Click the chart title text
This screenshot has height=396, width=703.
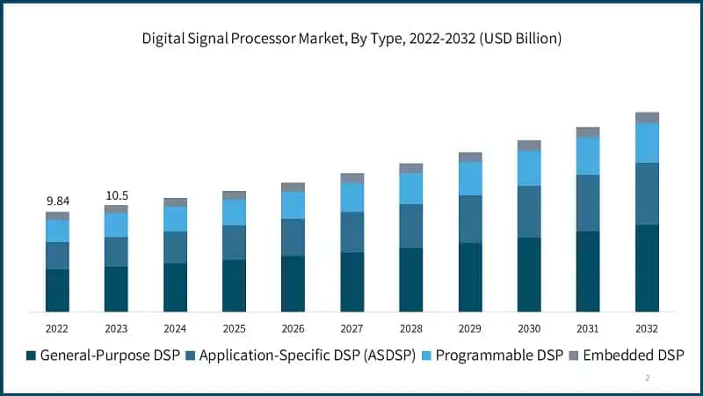[351, 39]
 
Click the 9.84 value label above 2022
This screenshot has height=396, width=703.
[57, 201]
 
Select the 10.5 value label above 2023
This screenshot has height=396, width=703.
[116, 195]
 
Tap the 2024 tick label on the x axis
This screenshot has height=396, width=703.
[175, 328]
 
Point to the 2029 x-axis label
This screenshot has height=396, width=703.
[470, 328]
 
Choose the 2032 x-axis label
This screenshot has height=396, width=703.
[647, 328]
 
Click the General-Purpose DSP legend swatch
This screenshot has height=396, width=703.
[32, 356]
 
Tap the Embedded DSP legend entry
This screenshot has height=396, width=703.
[634, 356]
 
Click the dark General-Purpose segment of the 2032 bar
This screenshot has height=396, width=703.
[647, 268]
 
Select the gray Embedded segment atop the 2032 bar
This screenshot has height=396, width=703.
[647, 117]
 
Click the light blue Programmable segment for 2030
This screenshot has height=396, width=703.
[529, 168]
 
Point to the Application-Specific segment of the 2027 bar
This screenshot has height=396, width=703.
[352, 232]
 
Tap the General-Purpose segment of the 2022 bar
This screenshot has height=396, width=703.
[57, 290]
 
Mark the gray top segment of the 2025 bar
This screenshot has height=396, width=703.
[234, 195]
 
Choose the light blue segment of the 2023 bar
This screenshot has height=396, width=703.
[116, 225]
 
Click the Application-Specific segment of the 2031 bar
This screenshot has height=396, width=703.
[588, 202]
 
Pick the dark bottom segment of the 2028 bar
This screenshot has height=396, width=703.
[411, 280]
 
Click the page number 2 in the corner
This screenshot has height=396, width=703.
[648, 378]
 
